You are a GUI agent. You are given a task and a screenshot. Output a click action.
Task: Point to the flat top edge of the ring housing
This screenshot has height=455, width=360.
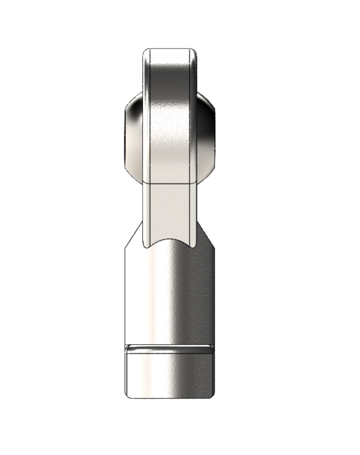click(x=169, y=49)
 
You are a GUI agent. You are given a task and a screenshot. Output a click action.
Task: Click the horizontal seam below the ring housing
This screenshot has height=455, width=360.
click(x=169, y=178)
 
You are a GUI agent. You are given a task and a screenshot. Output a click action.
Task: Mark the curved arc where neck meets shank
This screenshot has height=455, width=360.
click(x=169, y=242)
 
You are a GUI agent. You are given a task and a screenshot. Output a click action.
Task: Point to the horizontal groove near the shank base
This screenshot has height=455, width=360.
click(x=169, y=348)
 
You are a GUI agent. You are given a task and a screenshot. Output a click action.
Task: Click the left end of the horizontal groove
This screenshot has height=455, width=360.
click(x=127, y=348)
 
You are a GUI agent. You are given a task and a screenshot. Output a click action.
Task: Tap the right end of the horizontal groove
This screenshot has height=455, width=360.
click(x=211, y=348)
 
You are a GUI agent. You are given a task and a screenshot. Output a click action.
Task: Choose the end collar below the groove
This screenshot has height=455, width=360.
click(x=169, y=373)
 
